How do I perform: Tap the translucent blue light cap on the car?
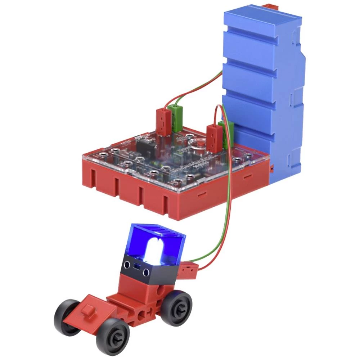158,238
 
